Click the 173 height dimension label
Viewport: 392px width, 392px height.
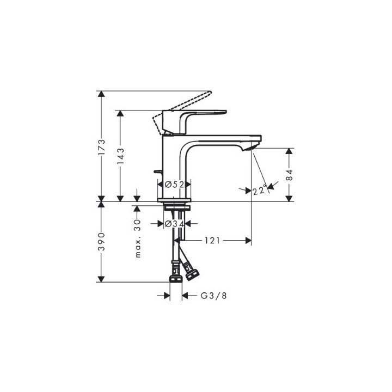101,148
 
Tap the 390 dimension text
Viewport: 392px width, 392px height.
101,241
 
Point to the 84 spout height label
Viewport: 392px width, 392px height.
289,175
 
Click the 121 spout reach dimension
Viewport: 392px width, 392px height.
212,240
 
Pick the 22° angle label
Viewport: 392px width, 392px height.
259,189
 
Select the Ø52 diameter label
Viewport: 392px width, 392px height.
174,185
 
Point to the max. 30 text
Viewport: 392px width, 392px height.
137,239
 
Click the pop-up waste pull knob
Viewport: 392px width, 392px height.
157,171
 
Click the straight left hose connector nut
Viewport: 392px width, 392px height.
175,275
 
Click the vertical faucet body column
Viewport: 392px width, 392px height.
174,163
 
